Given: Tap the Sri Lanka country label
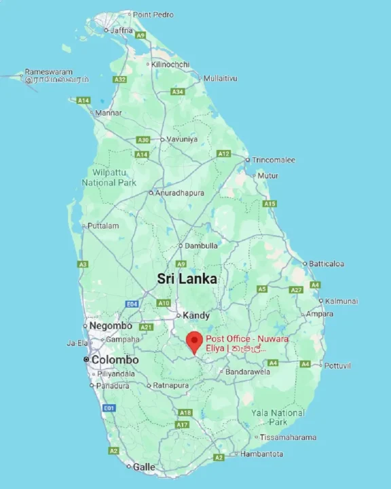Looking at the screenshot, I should pos(187,278).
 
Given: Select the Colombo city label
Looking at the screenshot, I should pos(115,360).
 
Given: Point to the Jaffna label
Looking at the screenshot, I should pos(121,30).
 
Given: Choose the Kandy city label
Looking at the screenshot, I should pos(196,315).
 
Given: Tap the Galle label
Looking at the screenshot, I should pos(144,467).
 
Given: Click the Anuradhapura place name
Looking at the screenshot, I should pos(180,193).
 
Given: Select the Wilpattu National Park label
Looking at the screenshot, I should pos(109,178).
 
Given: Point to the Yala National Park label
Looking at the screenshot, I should pos(278,417).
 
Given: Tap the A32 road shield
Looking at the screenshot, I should pos(120,79).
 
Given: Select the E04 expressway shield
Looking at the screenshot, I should pos(132,304).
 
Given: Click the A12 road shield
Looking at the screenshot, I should pos(223,154).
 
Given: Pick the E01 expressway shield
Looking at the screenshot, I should pos(108,407).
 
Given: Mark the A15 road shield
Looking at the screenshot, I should pos(269,204).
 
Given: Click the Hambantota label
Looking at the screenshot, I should pos(261,454).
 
